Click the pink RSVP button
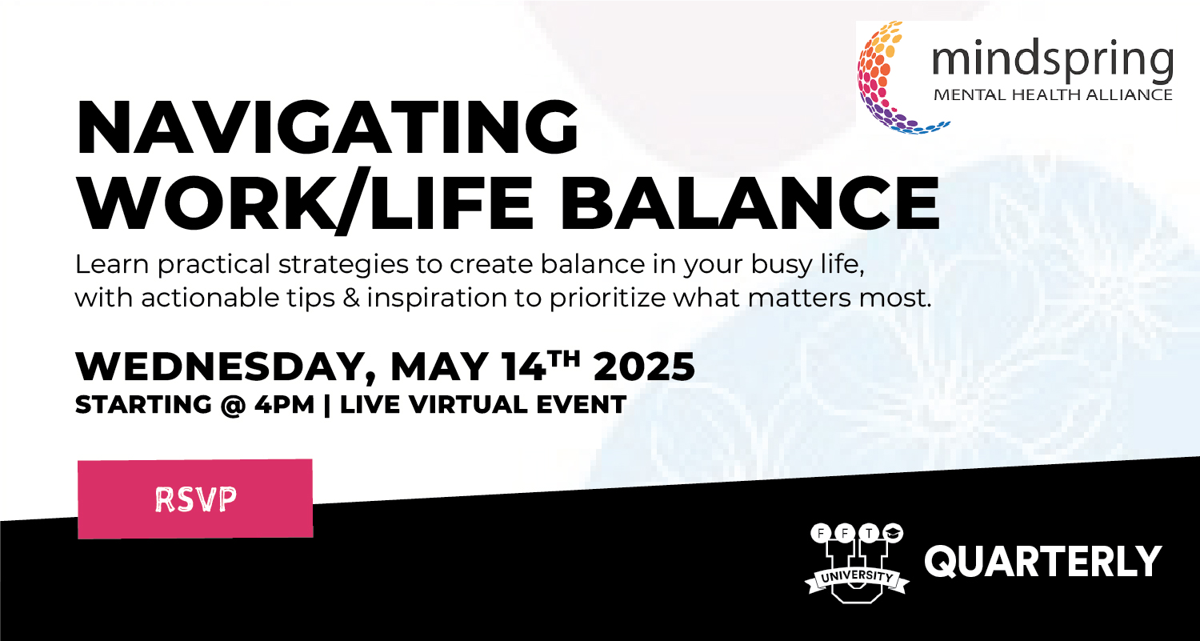tap(195, 499)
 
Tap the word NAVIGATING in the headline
tap(327, 127)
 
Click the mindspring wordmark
tap(1053, 61)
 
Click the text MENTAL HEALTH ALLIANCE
tap(1054, 95)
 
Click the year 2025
tap(644, 367)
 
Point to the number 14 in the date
tap(523, 367)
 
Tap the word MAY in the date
tap(438, 367)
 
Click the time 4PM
tap(284, 404)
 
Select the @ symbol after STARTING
tap(233, 405)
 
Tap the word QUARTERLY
tap(1043, 562)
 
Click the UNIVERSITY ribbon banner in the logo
tap(857, 578)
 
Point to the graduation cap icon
tap(893, 533)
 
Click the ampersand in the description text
tap(351, 298)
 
